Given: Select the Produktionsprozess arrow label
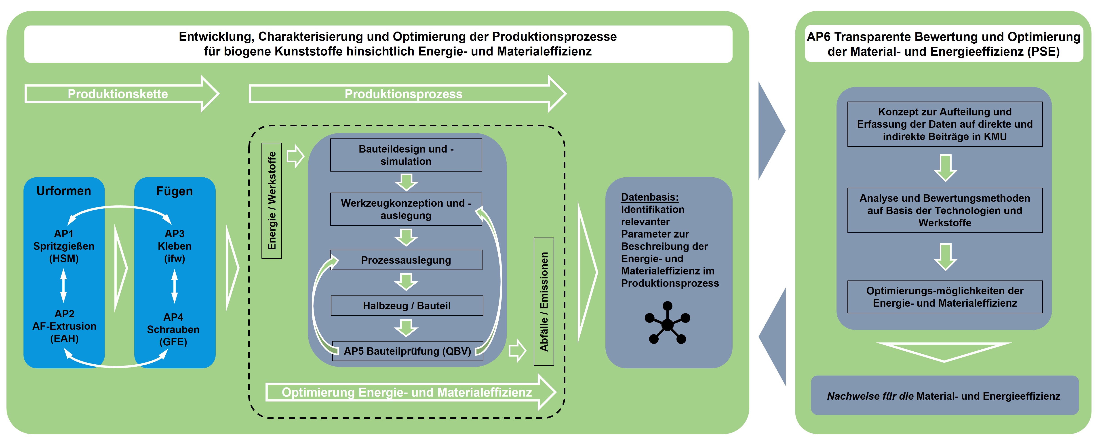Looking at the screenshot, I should tap(403, 94).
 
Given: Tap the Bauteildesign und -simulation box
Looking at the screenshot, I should tap(406, 155).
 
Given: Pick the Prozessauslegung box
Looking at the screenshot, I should tap(406, 260).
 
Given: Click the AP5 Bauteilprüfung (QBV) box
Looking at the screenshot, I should tap(407, 351).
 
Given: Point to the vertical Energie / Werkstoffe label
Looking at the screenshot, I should tap(272, 200).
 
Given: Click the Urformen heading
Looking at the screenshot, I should tap(64, 191).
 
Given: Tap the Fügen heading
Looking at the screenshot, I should tap(175, 191).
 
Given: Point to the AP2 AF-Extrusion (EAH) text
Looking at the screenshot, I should tap(64, 326).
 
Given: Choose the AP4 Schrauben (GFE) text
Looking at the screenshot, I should tap(173, 329).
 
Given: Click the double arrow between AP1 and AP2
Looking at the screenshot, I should tap(64, 285).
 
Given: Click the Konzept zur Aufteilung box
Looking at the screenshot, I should tap(945, 124).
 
